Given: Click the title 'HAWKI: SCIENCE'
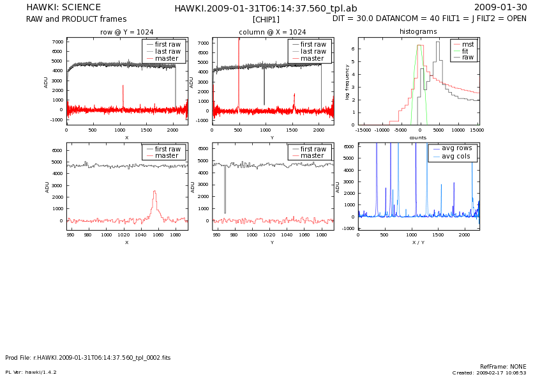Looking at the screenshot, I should pyautogui.click(x=63, y=8).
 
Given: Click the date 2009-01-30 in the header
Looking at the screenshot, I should pyautogui.click(x=500, y=8).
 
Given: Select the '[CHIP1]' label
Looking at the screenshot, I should pyautogui.click(x=266, y=19).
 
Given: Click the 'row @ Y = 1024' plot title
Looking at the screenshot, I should pyautogui.click(x=126, y=32).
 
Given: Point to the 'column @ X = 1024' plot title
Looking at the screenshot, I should pyautogui.click(x=272, y=32).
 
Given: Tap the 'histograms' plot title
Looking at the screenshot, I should pyautogui.click(x=418, y=31).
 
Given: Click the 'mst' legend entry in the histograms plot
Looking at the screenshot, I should pyautogui.click(x=467, y=44).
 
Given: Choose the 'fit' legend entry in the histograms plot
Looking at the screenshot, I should pyautogui.click(x=465, y=50).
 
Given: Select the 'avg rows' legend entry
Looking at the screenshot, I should pyautogui.click(x=456, y=148).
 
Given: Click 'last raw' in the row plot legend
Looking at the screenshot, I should pyautogui.click(x=168, y=51).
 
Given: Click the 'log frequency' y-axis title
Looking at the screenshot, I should pyautogui.click(x=348, y=81).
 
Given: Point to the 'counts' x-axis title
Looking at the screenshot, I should pyautogui.click(x=418, y=137).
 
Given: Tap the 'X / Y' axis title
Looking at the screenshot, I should pyautogui.click(x=418, y=243).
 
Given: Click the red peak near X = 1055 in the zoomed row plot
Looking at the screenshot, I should pyautogui.click(x=154, y=192).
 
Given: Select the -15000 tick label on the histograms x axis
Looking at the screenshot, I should pyautogui.click(x=363, y=130).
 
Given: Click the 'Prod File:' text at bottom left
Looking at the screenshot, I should pyautogui.click(x=18, y=358).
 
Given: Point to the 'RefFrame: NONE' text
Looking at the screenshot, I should pyautogui.click(x=503, y=367).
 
